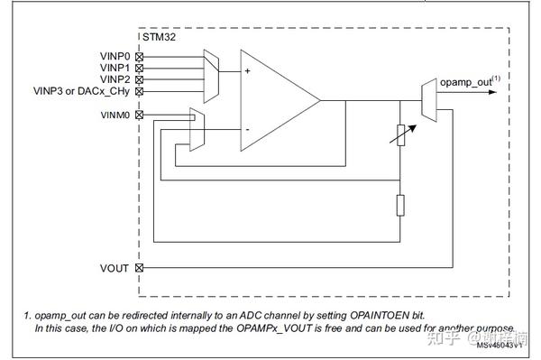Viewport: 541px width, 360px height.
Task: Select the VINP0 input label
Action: pyautogui.click(x=116, y=56)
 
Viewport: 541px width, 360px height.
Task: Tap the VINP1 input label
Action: pyautogui.click(x=116, y=68)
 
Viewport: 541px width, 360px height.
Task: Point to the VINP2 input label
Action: pyautogui.click(x=116, y=79)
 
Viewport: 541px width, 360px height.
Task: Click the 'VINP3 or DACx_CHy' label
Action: pyautogui.click(x=82, y=91)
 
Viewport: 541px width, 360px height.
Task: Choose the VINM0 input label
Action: pyautogui.click(x=116, y=115)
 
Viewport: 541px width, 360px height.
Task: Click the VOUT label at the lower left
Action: pyautogui.click(x=115, y=268)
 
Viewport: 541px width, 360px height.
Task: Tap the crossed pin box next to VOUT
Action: pyautogui.click(x=139, y=268)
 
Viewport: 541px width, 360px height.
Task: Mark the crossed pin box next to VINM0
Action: pyautogui.click(x=139, y=115)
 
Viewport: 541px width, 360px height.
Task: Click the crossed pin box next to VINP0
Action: pyautogui.click(x=139, y=56)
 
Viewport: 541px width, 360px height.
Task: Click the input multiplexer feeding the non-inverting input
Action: pyautogui.click(x=212, y=71)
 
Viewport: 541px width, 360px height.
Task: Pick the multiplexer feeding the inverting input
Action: pyautogui.click(x=196, y=129)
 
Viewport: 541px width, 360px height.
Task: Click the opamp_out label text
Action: pyautogui.click(x=466, y=82)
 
